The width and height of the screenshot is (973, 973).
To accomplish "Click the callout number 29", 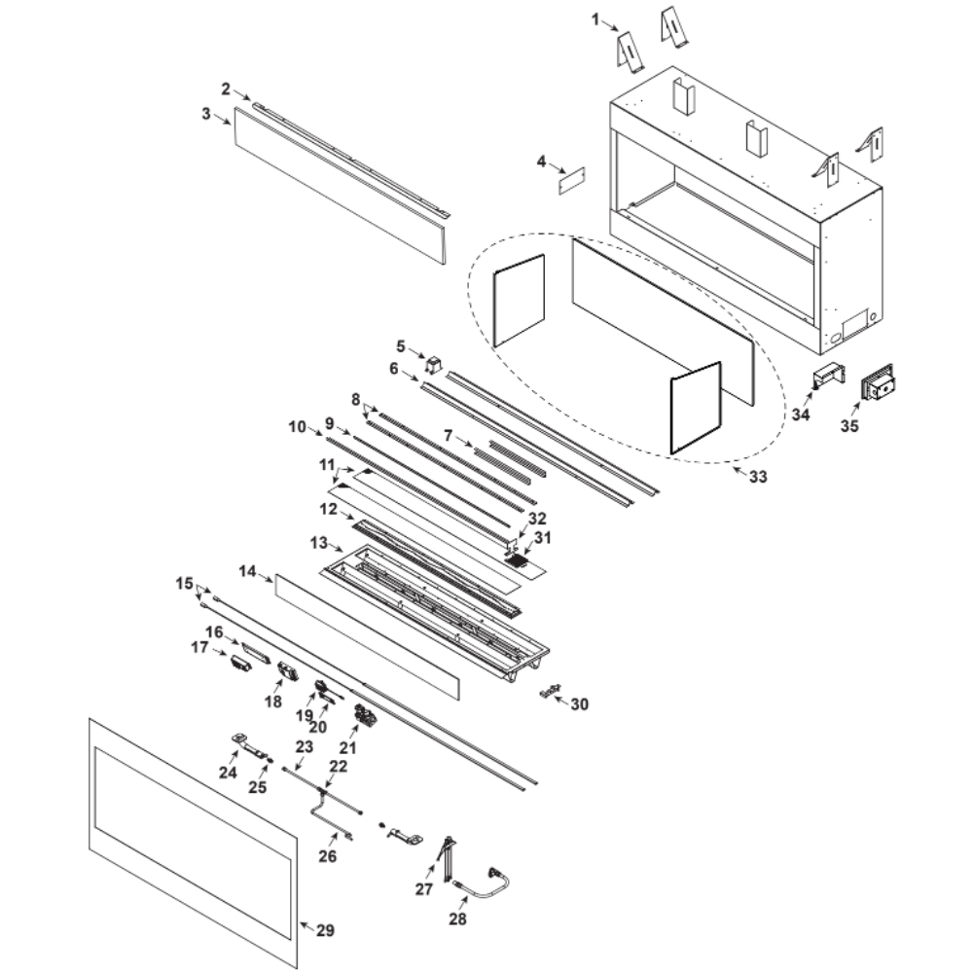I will point(325,931).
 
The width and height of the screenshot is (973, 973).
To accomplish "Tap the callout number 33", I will point(757,477).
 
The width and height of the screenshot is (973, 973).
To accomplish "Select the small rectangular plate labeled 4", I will point(571,180).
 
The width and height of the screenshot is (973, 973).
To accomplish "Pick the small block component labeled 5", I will point(433,366).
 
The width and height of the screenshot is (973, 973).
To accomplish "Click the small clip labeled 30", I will point(552,690).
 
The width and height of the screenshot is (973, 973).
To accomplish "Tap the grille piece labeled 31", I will point(519,560).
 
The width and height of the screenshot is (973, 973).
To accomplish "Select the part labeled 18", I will point(288,671).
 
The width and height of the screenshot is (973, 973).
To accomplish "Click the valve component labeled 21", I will point(367,716).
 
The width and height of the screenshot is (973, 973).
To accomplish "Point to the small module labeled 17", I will point(239,666).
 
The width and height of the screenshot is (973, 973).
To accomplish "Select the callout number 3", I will point(206,114).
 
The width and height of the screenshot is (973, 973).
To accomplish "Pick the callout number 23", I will point(304,747).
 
